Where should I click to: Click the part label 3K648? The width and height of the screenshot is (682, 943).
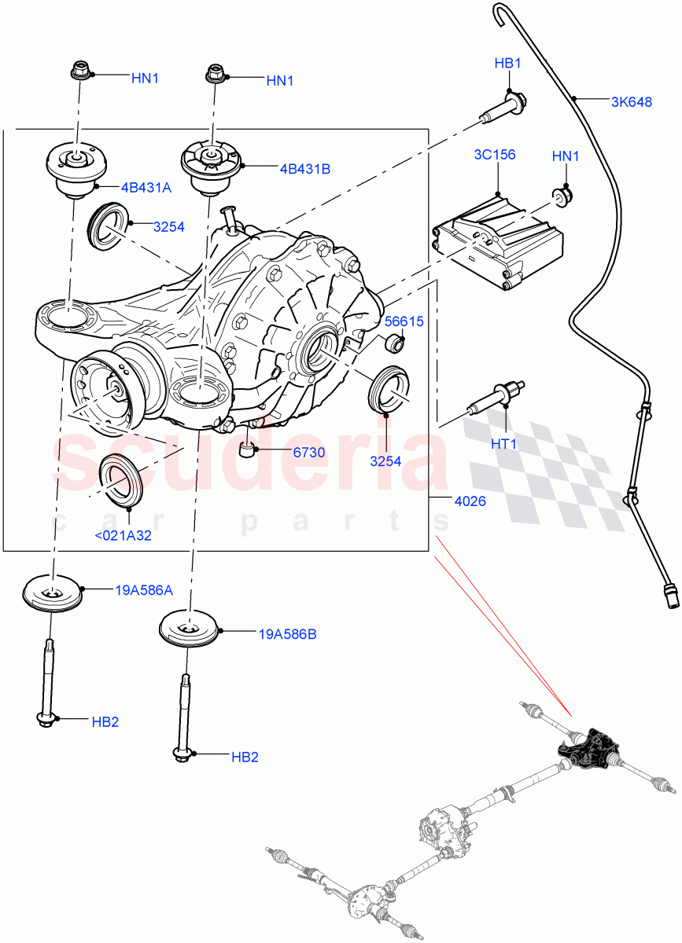click(x=631, y=101)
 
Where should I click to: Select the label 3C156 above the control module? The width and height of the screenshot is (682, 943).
click(x=495, y=155)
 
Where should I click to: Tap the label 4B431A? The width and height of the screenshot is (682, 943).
click(x=146, y=188)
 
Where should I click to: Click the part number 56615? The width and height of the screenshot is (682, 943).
click(x=404, y=321)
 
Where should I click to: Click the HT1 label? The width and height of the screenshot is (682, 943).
click(x=503, y=444)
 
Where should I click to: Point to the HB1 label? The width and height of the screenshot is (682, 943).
click(x=507, y=64)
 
